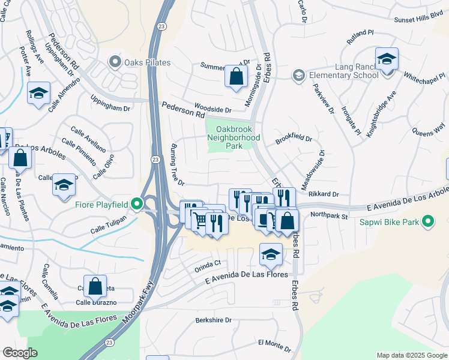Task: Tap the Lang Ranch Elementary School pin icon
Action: tap(298, 75)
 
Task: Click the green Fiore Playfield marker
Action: tap(137, 204)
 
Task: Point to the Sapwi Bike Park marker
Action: tap(428, 222)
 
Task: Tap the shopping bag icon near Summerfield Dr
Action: tap(237, 76)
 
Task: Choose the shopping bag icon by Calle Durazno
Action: tap(95, 286)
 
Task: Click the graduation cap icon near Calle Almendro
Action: tap(38, 94)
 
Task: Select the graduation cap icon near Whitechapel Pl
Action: tap(387, 59)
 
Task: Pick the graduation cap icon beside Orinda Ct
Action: tap(271, 254)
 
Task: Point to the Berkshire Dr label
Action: tap(213, 320)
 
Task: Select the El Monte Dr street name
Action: tap(274, 345)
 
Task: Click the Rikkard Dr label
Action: tap(324, 194)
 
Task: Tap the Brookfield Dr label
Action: tap(294, 139)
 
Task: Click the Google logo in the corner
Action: tap(20, 353)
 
